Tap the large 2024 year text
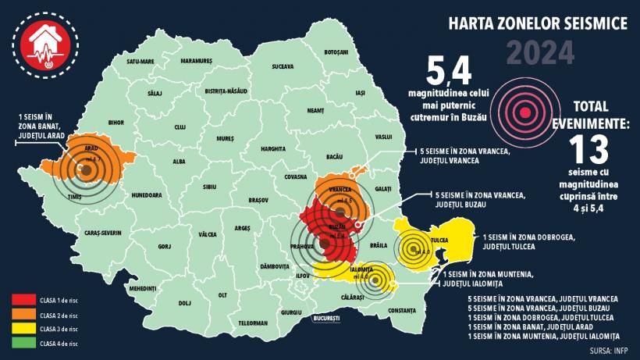pos(540,53)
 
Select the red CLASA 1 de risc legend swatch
pos(24,298)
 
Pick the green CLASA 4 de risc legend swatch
pos(24,343)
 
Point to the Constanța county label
pos(402,311)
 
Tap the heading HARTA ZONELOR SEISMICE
pos(538,24)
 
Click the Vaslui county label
pos(382,137)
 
